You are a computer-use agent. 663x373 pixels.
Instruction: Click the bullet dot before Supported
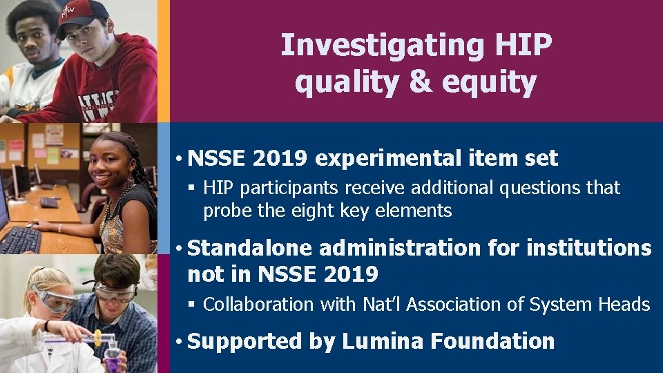(178, 342)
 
